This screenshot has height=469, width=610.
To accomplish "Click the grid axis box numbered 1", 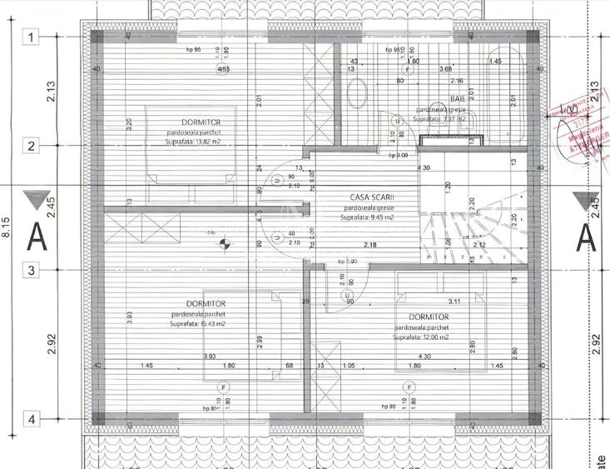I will [32, 37].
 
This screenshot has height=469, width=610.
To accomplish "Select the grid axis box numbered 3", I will [32, 270].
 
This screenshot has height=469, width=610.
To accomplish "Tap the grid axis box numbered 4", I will [32, 420].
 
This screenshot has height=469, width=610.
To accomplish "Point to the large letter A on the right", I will [585, 237].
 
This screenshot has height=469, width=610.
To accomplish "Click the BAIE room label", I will [481, 98].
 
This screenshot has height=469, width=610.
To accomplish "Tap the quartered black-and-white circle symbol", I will [222, 244].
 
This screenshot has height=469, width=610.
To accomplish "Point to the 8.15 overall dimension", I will [7, 228].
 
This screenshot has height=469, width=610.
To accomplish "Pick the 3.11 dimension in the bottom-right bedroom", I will [454, 301].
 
